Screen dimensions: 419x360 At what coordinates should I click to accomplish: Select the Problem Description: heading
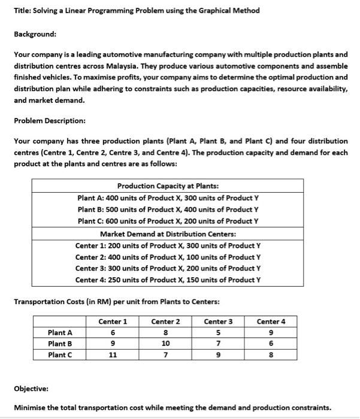click(50, 120)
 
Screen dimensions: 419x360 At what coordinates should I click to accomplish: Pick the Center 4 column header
click(271, 321)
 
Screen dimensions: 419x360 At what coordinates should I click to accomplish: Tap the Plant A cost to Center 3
click(218, 333)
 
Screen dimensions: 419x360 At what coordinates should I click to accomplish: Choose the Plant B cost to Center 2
click(166, 344)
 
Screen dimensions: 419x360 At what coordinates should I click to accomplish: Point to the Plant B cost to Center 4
click(271, 344)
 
